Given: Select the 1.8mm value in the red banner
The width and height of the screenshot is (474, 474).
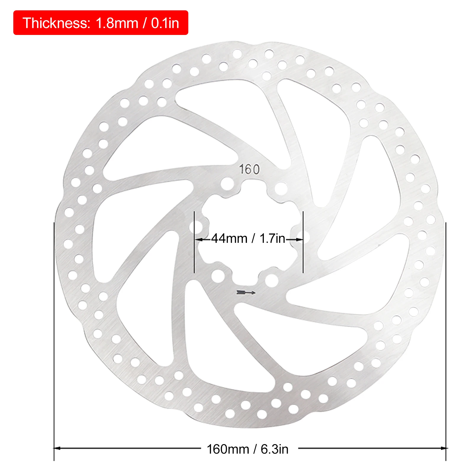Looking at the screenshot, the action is [117, 23].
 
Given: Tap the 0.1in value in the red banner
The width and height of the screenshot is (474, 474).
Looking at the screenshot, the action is [165, 23].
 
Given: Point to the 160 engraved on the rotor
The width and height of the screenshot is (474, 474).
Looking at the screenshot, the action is [249, 169].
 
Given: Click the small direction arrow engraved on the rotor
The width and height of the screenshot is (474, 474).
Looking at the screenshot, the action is [246, 293].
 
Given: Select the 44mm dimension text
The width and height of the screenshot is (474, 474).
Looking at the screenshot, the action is [229, 238].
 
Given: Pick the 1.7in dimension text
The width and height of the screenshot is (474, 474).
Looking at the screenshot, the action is [272, 238].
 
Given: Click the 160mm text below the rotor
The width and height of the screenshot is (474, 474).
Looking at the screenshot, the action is [228, 449].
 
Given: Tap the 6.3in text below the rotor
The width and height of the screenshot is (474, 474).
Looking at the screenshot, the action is [274, 449].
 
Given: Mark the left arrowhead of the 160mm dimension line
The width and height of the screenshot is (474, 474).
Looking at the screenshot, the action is [57, 448].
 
